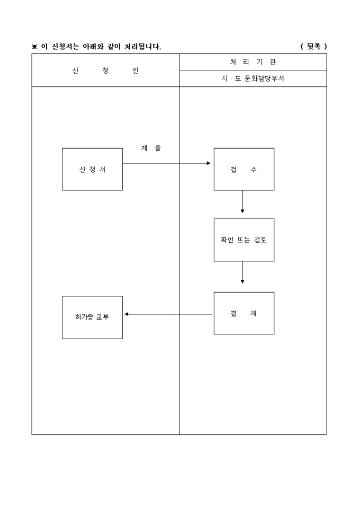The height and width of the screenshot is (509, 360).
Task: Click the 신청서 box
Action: tap(92, 169)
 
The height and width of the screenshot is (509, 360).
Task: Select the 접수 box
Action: tap(244, 169)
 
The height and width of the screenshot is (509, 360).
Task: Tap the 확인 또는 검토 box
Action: tap(244, 240)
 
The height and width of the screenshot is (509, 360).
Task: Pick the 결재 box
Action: tap(244, 313)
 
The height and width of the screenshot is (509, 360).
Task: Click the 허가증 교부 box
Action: tap(92, 317)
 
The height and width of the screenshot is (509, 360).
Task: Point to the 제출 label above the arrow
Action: tap(151, 148)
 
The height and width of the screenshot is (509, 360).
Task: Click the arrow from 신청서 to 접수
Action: tap(167, 163)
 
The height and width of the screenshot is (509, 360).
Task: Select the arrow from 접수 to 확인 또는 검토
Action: tap(242, 202)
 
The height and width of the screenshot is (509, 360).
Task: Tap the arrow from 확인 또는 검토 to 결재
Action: tap(242, 272)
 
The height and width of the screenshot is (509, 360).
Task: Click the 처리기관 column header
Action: tap(253, 62)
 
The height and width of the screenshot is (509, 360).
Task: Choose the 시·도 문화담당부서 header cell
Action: tap(253, 78)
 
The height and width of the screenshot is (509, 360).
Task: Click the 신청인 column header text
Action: tap(105, 70)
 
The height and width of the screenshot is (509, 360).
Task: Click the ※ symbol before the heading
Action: tap(35, 47)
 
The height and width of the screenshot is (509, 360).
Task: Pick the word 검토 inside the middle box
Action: tap(259, 240)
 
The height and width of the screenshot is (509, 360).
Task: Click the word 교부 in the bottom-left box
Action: tap(102, 317)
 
